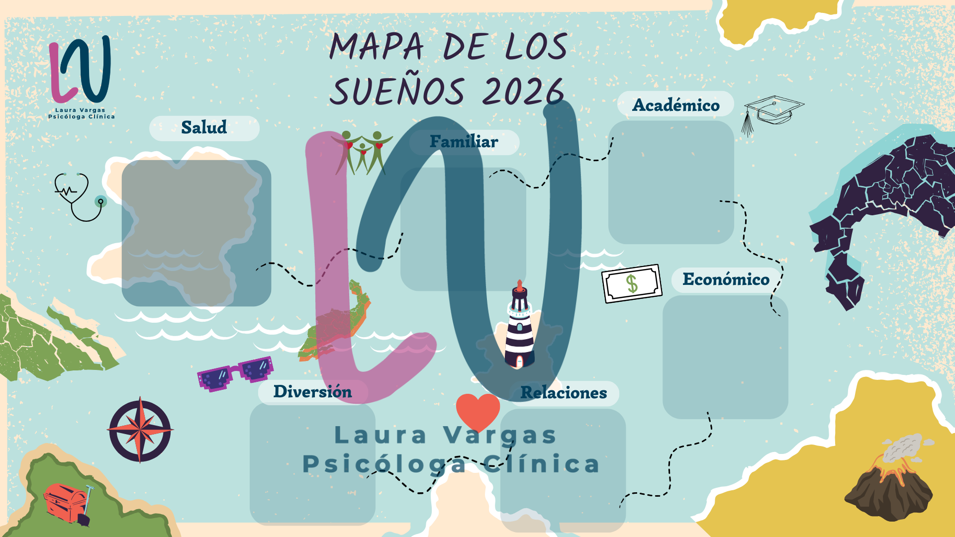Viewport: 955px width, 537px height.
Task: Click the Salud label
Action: click(204, 128)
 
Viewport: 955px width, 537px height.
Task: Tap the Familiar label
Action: click(464, 142)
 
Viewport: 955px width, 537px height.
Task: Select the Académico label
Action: click(675, 105)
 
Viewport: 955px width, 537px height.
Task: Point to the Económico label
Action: click(726, 279)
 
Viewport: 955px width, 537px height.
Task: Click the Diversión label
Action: click(312, 392)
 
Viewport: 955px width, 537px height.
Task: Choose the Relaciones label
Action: click(564, 393)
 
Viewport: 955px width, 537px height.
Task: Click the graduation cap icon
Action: click(771, 112)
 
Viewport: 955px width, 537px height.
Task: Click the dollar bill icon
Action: click(632, 283)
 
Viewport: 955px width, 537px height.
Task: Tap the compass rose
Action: click(140, 430)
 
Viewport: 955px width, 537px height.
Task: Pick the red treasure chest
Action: click(65, 502)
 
